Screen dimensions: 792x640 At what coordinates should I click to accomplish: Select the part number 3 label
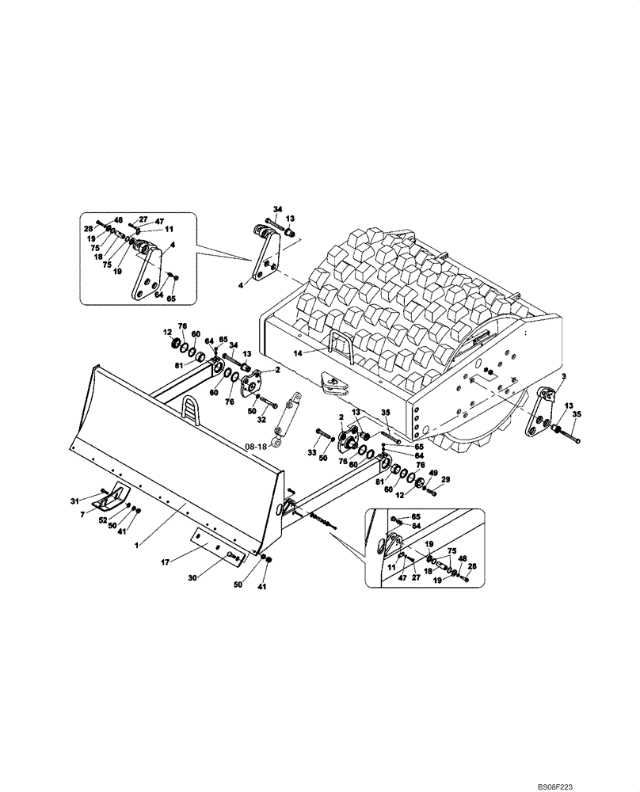coord(563,377)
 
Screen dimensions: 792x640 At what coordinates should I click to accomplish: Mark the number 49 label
coord(432,473)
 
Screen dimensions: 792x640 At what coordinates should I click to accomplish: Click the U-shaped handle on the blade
coord(192,409)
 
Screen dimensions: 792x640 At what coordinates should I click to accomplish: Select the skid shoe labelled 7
coord(111,495)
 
